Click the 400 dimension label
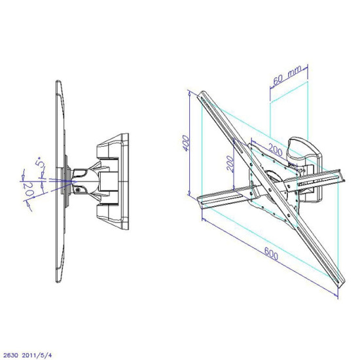pyautogui.click(x=186, y=143)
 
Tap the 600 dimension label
pyautogui.click(x=271, y=253)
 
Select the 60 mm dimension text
pyautogui.click(x=287, y=75)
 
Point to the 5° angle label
pyautogui.click(x=39, y=162)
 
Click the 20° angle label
pyautogui.click(x=29, y=189)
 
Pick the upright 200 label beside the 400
pyautogui.click(x=231, y=164)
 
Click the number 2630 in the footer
pyautogui.click(x=10, y=355)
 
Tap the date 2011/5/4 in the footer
pyautogui.click(x=37, y=355)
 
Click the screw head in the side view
pyautogui.click(x=78, y=190)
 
